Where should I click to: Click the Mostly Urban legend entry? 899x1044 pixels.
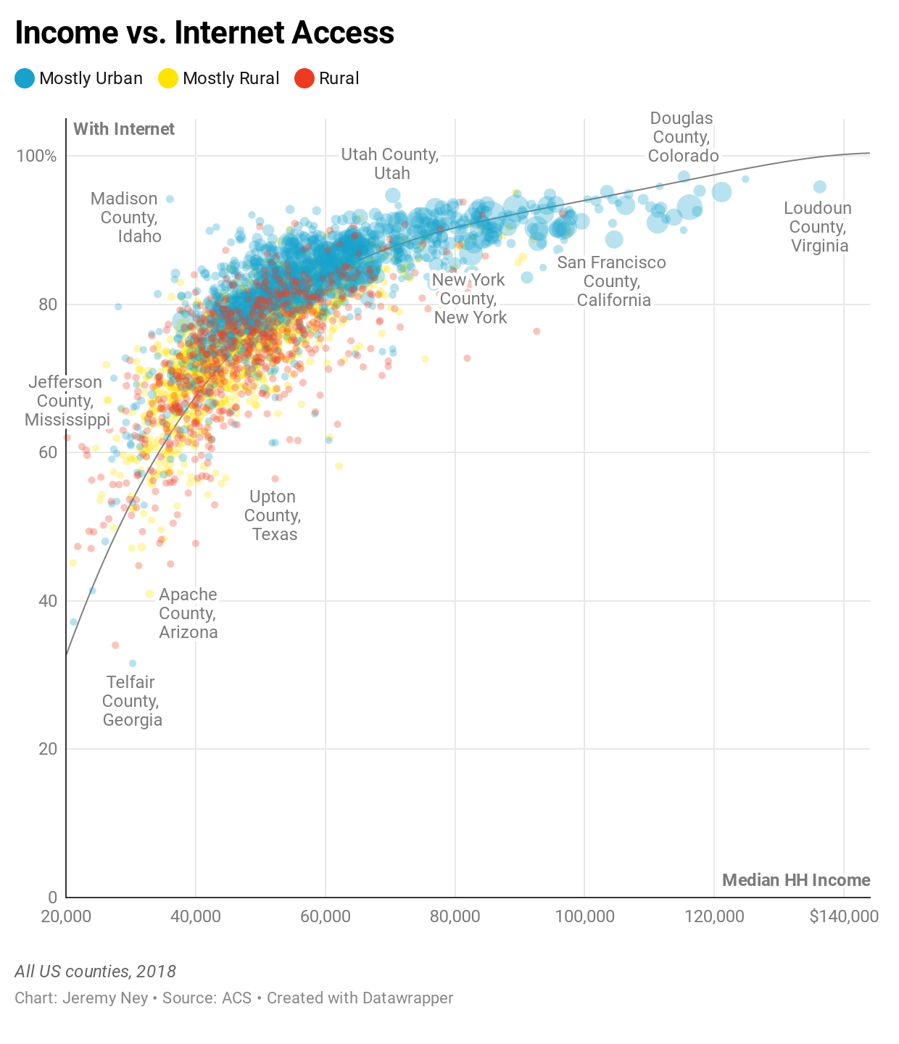point(79,78)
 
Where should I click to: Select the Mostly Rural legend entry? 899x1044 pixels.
point(219,78)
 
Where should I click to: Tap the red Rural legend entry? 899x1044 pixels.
point(327,78)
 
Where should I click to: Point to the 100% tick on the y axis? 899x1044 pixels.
point(36,156)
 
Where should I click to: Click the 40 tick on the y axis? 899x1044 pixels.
point(47,601)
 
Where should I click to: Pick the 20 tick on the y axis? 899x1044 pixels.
point(47,749)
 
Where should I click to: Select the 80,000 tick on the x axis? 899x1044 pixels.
point(455,916)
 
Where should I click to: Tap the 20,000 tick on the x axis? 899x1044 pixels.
point(66,916)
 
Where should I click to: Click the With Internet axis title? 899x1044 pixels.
point(124,129)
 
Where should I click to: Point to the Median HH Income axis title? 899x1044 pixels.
point(796,880)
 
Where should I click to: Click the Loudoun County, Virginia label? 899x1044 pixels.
point(819,227)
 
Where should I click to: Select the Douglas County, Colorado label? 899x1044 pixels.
point(683,137)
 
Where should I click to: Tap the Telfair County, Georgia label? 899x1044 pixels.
point(132,701)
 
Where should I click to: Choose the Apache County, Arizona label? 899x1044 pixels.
point(188,613)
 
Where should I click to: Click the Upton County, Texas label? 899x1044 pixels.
point(273,515)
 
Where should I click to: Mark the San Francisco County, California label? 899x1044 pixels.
point(613,281)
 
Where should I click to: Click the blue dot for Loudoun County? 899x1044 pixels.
point(819,187)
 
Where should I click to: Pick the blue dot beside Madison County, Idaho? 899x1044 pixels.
point(170,199)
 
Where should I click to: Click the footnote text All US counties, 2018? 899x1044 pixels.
point(95,971)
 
